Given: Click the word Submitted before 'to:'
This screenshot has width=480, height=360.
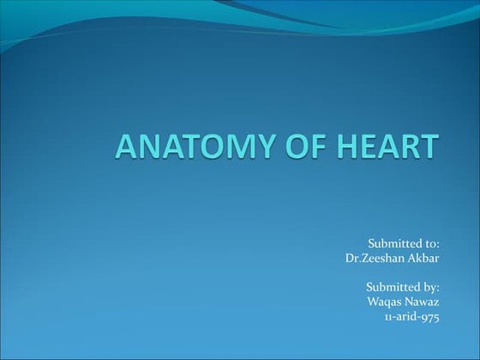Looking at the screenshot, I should [395, 244].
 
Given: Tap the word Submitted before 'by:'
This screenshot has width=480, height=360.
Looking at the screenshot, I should [394, 287].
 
